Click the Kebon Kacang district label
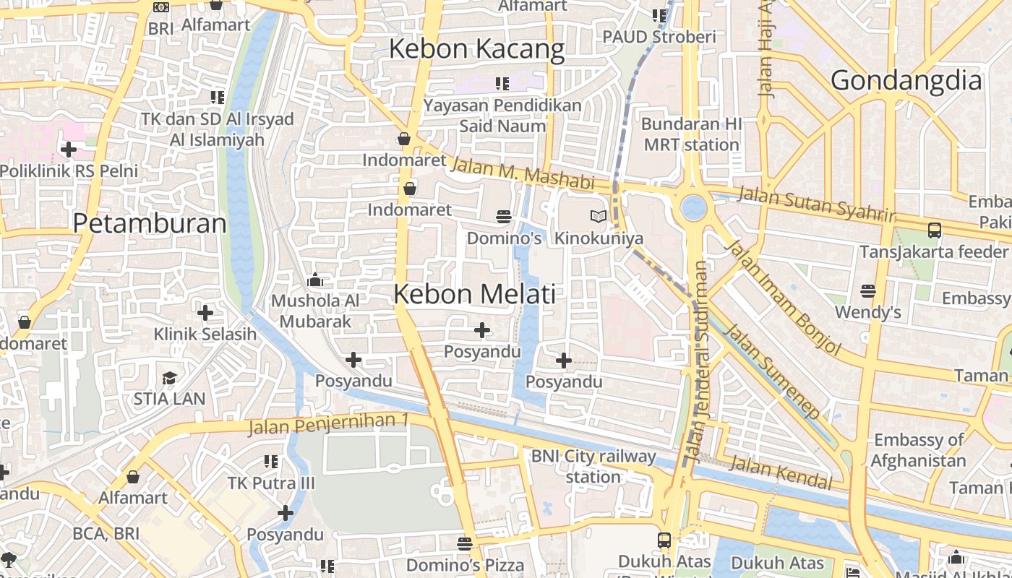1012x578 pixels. [x=476, y=49]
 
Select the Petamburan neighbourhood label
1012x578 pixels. [x=150, y=223]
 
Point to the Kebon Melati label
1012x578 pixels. [x=475, y=294]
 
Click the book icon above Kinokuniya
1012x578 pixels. [x=599, y=216]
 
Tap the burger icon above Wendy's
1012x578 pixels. [x=868, y=291]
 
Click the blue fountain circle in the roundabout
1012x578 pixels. [x=693, y=207]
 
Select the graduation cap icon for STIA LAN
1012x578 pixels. [x=169, y=378]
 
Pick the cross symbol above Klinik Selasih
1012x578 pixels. [x=205, y=313]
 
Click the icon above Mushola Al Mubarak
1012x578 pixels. [x=315, y=280]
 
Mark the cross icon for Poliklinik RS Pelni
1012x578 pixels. [x=69, y=150]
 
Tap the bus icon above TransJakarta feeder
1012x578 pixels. [x=934, y=230]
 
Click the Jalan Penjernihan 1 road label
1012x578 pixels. [x=329, y=424]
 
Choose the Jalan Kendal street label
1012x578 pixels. [x=780, y=473]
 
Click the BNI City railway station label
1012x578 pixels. [x=593, y=467]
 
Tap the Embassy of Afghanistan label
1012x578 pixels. [x=918, y=450]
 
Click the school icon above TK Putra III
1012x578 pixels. [x=271, y=461]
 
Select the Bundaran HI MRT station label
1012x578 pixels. [x=691, y=134]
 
